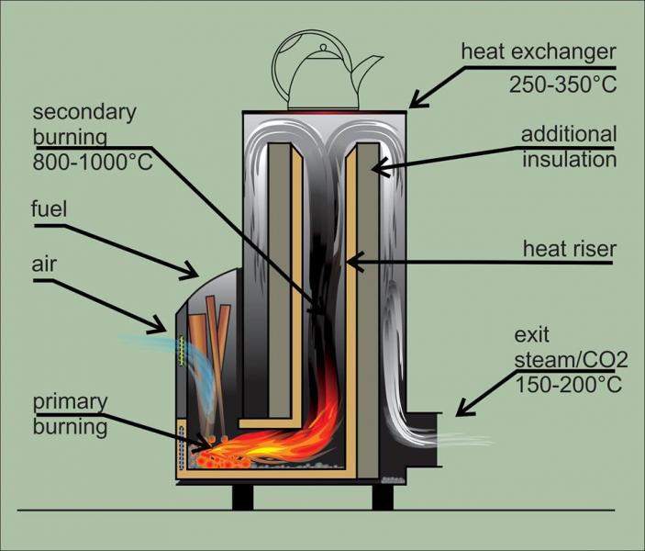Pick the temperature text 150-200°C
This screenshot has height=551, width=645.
tap(569, 384)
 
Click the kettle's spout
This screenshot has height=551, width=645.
tap(368, 68)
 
